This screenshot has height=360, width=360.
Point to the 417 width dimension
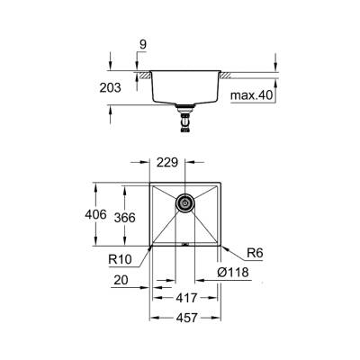pyautogui.click(x=186, y=296)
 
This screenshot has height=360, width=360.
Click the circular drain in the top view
pyautogui.click(x=184, y=204)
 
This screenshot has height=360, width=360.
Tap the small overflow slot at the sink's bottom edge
pyautogui.click(x=185, y=243)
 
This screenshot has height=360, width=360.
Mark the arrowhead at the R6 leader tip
pyautogui.click(x=222, y=244)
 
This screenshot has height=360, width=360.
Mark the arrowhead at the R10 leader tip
pyautogui.click(x=149, y=247)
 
